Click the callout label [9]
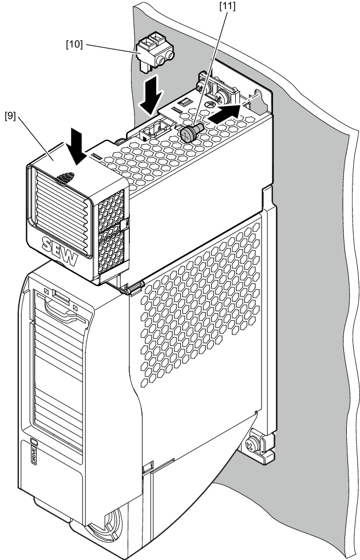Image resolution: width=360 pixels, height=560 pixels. [x=10, y=116]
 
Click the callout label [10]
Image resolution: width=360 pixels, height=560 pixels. [x=74, y=44]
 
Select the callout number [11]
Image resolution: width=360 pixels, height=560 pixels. [x=227, y=6]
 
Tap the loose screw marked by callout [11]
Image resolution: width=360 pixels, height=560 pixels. [x=192, y=132]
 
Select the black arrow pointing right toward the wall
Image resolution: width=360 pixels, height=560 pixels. [x=224, y=113]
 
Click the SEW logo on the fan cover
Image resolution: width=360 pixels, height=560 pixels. [x=60, y=251]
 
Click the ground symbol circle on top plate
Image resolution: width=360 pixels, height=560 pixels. [x=211, y=104]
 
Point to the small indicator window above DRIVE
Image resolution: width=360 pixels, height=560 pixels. [x=34, y=441]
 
